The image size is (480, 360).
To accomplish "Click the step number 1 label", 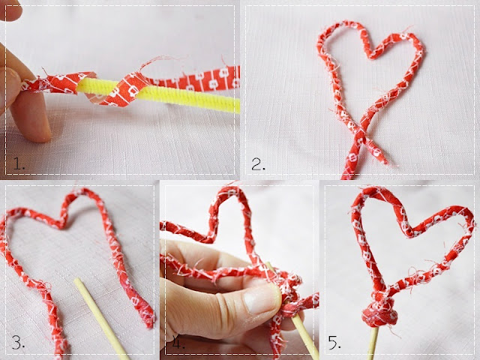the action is point(19,164).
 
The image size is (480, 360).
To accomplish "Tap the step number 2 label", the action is point(258,164).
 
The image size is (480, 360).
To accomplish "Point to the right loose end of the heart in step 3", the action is point(147,318).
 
